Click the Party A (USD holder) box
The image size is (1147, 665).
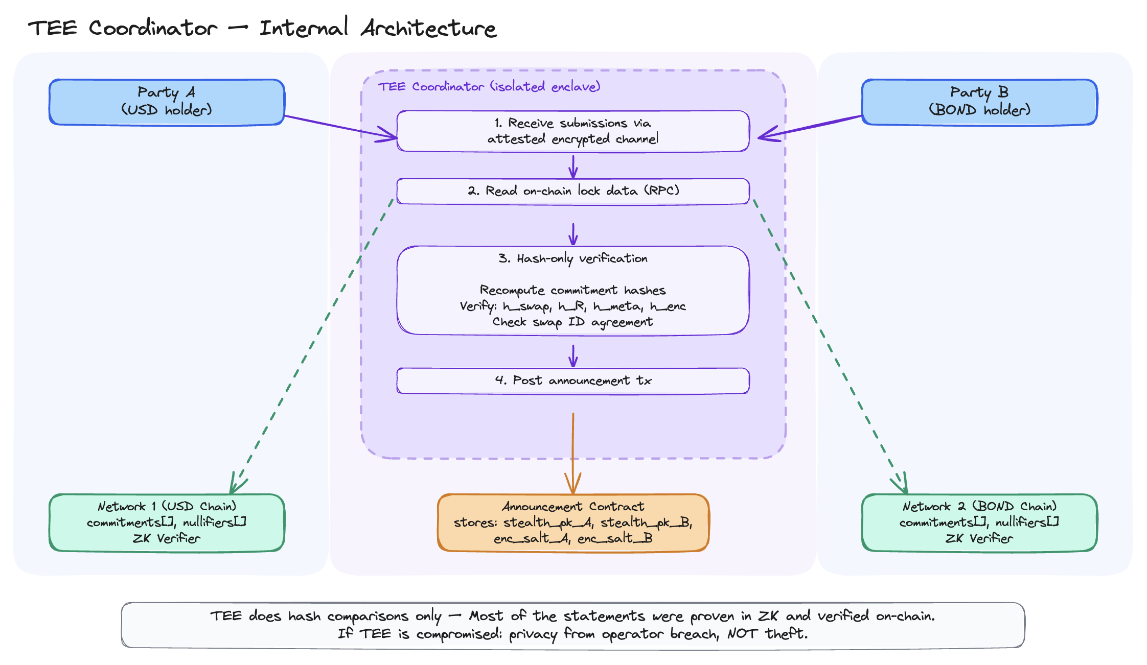167,102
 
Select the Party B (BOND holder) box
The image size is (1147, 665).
979,102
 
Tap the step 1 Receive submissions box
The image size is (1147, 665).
572,131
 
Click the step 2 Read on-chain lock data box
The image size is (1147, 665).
572,191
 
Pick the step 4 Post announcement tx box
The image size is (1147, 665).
572,381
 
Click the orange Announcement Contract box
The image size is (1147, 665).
572,522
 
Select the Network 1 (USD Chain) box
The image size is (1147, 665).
167,522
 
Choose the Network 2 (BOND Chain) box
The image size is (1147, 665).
979,522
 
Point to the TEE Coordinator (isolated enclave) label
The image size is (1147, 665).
489,87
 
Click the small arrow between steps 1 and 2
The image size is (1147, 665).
573,165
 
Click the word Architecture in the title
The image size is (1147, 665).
428,28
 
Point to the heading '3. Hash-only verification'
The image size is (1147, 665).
572,259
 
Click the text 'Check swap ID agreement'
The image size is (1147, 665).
572,322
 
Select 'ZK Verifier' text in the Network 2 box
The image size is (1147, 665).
979,538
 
